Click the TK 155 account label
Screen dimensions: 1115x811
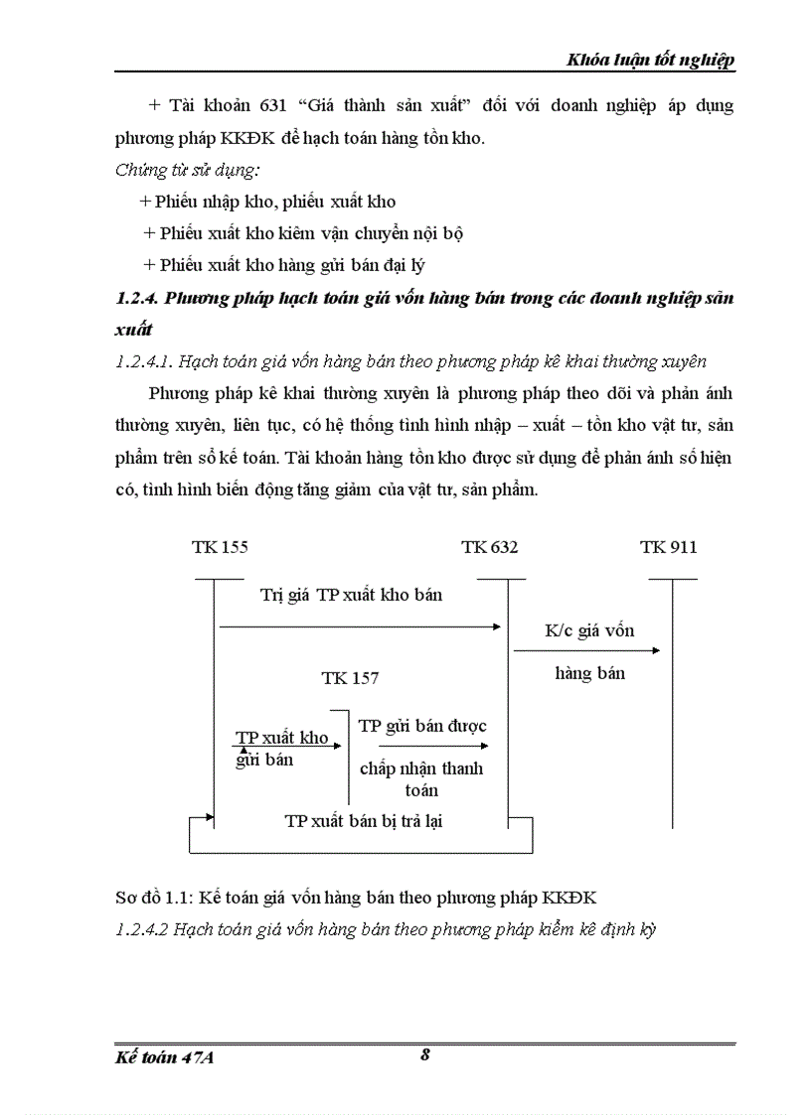[x=220, y=547]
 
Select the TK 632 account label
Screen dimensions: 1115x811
[x=489, y=547]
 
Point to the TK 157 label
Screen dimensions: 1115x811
[x=350, y=678]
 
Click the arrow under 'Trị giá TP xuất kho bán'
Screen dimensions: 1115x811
[x=358, y=626]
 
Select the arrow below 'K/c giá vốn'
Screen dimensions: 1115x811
[x=586, y=650]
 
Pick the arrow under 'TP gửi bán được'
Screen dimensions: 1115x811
[x=433, y=746]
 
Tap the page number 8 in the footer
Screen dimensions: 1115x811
[x=424, y=1055]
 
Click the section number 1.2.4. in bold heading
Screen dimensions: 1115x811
[x=136, y=298]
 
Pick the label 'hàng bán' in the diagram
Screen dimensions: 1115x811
[x=589, y=673]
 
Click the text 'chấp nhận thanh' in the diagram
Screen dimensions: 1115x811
[x=421, y=768]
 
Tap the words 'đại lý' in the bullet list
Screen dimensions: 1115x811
[x=406, y=265]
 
